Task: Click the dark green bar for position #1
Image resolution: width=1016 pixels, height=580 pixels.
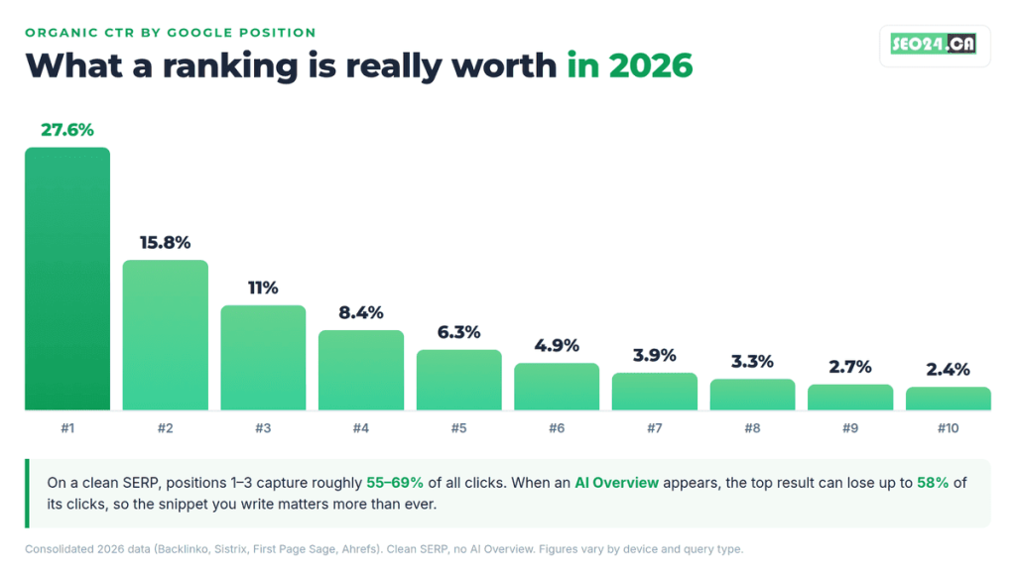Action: click(x=67, y=279)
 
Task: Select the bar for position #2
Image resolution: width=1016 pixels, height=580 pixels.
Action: click(x=166, y=335)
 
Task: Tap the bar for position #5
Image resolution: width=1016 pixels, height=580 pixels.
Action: click(x=458, y=380)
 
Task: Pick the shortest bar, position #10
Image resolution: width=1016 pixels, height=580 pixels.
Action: click(x=948, y=399)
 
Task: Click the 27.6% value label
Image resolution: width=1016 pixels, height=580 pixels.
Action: click(x=67, y=130)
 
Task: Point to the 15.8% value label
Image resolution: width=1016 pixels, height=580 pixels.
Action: click(x=166, y=243)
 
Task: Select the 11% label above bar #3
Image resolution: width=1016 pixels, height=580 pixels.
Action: click(x=263, y=288)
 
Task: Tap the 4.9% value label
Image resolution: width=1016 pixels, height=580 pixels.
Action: click(x=557, y=346)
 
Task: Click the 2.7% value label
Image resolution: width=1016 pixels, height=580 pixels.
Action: click(x=850, y=367)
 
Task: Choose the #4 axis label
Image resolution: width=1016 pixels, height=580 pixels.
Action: click(x=361, y=428)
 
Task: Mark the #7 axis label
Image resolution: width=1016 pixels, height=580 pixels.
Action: click(x=655, y=428)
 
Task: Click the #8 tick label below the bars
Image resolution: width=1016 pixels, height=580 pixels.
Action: click(x=752, y=428)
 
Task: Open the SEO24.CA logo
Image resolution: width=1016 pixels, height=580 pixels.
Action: click(x=934, y=44)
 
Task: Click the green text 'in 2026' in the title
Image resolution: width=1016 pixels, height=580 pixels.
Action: click(x=630, y=66)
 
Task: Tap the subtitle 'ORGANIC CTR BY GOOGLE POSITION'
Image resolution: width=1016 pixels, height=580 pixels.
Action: click(x=171, y=33)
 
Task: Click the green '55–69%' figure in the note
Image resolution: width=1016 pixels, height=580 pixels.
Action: click(x=395, y=483)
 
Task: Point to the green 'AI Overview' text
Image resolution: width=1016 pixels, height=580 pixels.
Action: click(x=616, y=483)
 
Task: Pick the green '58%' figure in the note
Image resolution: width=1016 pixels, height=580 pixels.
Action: click(x=933, y=483)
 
